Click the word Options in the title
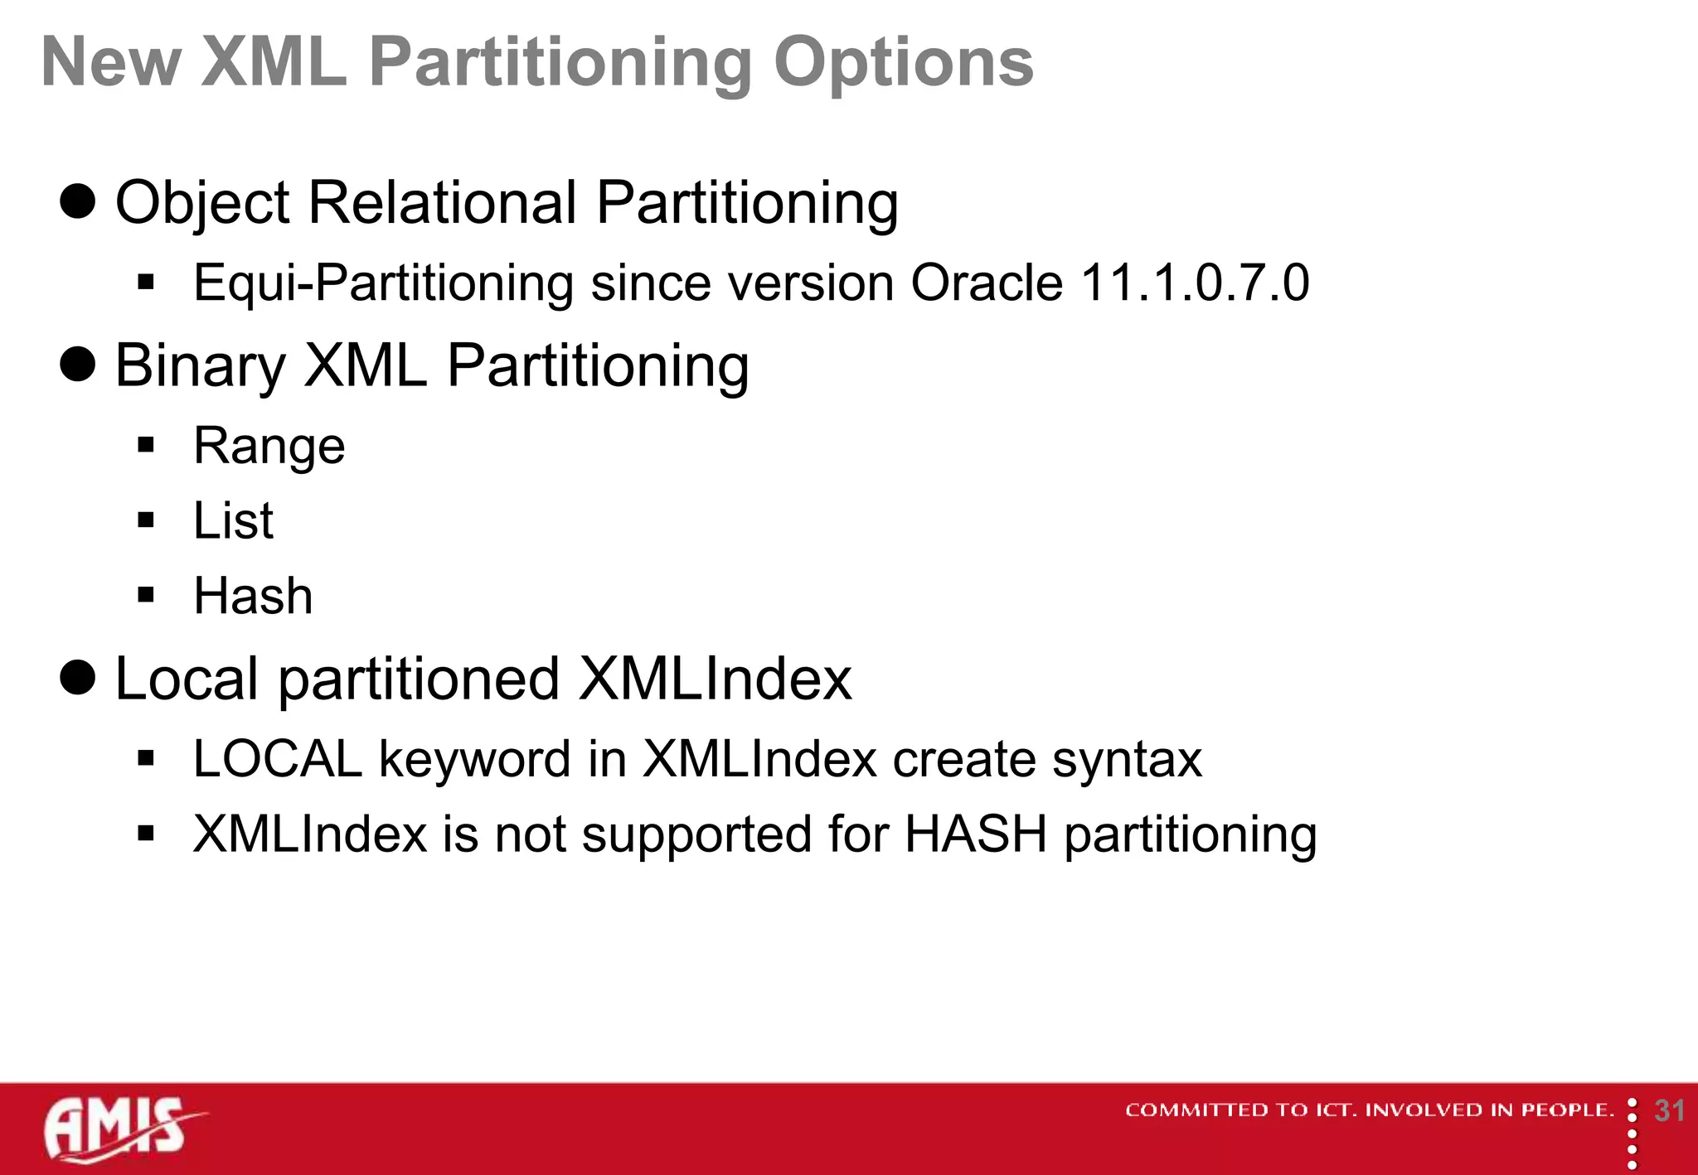pyautogui.click(x=903, y=63)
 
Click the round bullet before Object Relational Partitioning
pyautogui.click(x=78, y=201)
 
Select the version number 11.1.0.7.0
pyautogui.click(x=1195, y=283)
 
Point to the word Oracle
pyautogui.click(x=987, y=283)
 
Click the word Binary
pyautogui.click(x=200, y=366)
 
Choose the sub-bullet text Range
pyautogui.click(x=269, y=447)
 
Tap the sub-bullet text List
pyautogui.click(x=233, y=521)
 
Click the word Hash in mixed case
pyautogui.click(x=253, y=596)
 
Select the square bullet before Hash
pyautogui.click(x=147, y=595)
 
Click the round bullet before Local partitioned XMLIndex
pyautogui.click(x=78, y=678)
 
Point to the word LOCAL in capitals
pyautogui.click(x=278, y=759)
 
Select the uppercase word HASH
pyautogui.click(x=975, y=834)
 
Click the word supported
pyautogui.click(x=696, y=834)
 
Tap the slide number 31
pyautogui.click(x=1669, y=1111)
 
